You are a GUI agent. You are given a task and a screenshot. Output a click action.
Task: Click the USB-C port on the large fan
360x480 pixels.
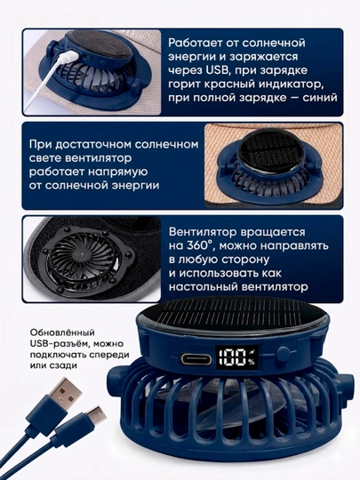point(196,358)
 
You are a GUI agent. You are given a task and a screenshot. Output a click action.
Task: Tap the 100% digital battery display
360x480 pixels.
point(236,357)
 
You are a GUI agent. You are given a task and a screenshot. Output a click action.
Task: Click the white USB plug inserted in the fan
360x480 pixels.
point(67,57)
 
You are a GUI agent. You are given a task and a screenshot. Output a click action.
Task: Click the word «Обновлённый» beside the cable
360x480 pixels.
point(62,332)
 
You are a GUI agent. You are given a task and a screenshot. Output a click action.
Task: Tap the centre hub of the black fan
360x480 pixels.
point(81,255)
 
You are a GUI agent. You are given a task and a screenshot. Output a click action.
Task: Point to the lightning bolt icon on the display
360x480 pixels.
point(252,351)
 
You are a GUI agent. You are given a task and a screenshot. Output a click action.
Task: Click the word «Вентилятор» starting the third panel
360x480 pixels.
point(202,232)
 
